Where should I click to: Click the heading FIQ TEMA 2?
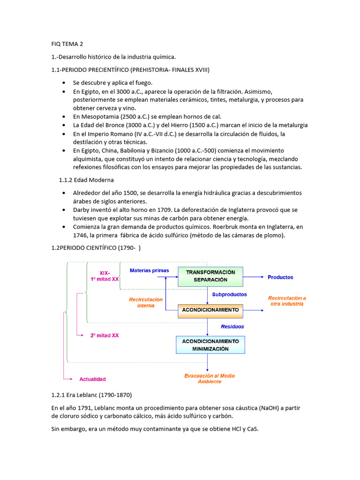[67, 44]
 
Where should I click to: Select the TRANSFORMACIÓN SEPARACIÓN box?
[210, 276]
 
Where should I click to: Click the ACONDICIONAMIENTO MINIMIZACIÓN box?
[210, 345]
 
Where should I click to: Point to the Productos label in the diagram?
[280, 277]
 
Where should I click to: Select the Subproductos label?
[229, 295]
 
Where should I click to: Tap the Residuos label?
[232, 327]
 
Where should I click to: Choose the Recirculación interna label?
[146, 302]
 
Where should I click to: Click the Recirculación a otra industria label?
[287, 301]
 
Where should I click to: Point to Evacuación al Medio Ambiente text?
[210, 379]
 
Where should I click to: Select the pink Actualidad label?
[92, 379]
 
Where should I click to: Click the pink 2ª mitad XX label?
[105, 335]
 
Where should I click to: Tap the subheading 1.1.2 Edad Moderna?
[86, 180]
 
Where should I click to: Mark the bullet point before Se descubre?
[63, 82]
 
